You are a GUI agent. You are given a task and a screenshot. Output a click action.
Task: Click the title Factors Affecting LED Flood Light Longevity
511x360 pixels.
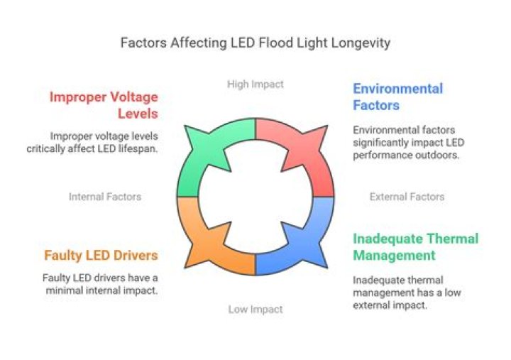tap(255, 43)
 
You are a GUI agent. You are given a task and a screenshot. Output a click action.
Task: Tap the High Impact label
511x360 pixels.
tap(255, 84)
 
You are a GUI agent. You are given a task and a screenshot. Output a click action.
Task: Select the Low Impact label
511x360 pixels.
tap(255, 309)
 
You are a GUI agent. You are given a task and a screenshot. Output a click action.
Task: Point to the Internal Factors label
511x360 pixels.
tap(105, 197)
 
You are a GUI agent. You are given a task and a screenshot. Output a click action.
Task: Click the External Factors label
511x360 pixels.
tap(407, 197)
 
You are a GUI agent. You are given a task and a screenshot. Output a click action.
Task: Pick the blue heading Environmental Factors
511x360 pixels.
tap(397, 97)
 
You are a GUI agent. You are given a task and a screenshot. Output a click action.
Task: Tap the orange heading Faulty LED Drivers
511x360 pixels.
tap(100, 256)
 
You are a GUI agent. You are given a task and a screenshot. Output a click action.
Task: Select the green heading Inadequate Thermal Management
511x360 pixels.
tap(415, 247)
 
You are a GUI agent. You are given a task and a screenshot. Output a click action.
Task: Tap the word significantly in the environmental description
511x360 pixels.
tap(383, 143)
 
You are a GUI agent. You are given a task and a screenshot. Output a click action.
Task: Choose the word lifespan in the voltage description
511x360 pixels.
tap(138, 148)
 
